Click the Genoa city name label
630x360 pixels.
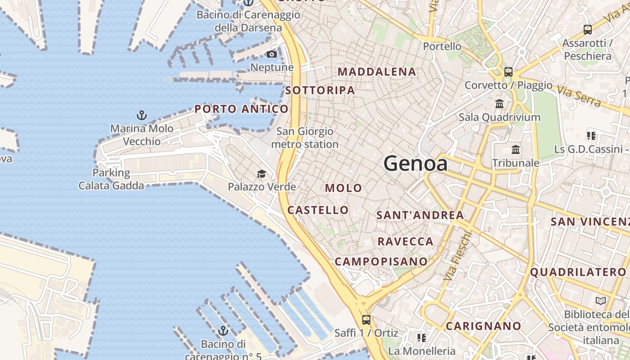[415, 163]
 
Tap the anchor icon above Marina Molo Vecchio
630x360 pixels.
[142, 115]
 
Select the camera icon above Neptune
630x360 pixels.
[272, 54]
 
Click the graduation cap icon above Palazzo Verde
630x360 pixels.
[261, 174]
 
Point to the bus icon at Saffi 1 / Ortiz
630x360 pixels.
[366, 320]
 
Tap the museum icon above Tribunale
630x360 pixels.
[516, 149]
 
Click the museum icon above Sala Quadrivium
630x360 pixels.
[499, 104]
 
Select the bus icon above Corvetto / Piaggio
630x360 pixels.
[508, 72]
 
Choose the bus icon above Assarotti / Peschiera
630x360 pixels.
[587, 30]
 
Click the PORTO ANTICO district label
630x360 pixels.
[241, 109]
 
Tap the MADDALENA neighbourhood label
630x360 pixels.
[377, 72]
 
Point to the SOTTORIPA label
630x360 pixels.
[320, 90]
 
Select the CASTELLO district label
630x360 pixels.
[318, 210]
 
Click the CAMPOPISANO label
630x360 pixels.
[381, 261]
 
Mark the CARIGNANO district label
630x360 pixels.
[483, 326]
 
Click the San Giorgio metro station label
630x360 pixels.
[305, 138]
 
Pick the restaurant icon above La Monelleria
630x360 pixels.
[421, 337]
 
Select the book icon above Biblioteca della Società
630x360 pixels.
[600, 301]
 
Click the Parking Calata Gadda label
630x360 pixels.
[111, 179]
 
